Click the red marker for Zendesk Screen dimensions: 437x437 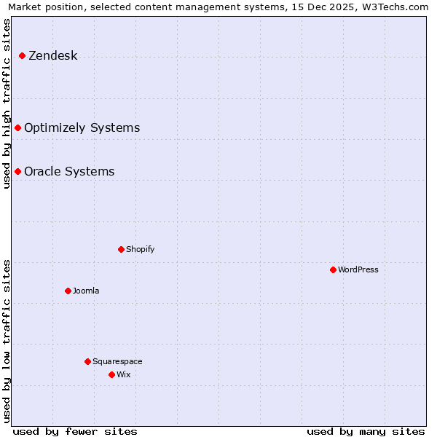pos(23,56)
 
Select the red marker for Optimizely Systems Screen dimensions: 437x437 pos(18,128)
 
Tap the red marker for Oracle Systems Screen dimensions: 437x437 pos(18,172)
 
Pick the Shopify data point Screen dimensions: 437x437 pos(122,250)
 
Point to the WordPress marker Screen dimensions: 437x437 pos(334,270)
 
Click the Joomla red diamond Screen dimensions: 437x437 pos(68,291)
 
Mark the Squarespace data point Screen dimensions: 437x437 pos(88,362)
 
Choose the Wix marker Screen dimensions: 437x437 pos(112,375)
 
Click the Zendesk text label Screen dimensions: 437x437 pos(52,56)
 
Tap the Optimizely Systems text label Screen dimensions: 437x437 pos(82,128)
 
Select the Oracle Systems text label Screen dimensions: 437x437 pos(69,172)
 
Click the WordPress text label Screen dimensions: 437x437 pos(358,270)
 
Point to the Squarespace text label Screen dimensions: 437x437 pos(117,362)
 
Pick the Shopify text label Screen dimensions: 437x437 pos(140,250)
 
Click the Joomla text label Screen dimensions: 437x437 pos(86,291)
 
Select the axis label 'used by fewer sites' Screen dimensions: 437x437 pos(75,432)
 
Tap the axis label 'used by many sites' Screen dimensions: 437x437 pos(366,432)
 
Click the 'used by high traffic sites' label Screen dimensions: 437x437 pos(7,103)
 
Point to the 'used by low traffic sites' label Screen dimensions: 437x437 pos(7,341)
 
